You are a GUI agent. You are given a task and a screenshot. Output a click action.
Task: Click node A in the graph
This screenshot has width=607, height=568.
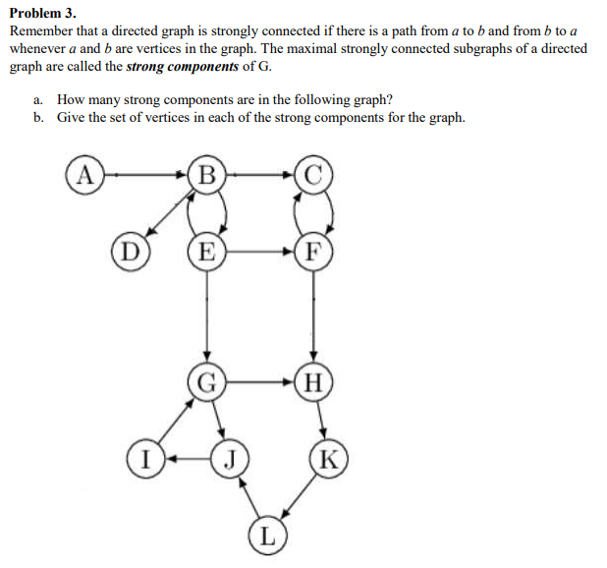pyautogui.click(x=86, y=176)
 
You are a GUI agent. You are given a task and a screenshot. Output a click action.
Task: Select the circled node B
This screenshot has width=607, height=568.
pyautogui.click(x=207, y=176)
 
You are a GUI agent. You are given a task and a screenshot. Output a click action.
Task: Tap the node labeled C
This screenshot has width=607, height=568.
pyautogui.click(x=313, y=176)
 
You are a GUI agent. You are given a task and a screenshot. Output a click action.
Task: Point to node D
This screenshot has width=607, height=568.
pyautogui.click(x=129, y=248)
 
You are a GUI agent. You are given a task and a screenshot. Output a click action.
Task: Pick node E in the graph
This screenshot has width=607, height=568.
pyautogui.click(x=206, y=250)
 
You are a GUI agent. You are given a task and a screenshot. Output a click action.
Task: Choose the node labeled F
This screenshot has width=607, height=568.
pyautogui.click(x=313, y=250)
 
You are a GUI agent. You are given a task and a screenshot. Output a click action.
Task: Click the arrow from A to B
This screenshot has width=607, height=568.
pyautogui.click(x=147, y=176)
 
